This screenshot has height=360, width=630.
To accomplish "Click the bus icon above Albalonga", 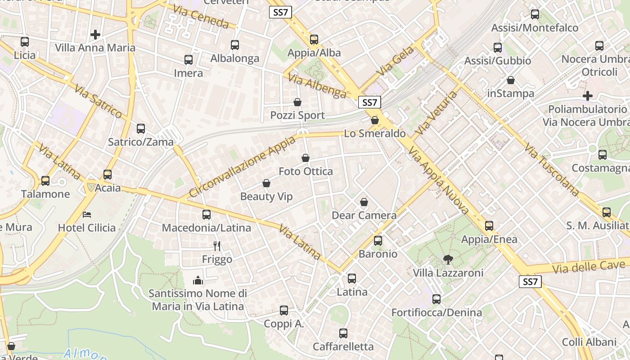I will [234, 45].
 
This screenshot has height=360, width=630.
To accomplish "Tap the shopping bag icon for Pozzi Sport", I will [297, 103].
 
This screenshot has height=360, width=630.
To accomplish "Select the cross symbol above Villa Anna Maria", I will [95, 34].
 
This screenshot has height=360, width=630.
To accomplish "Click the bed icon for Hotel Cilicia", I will [87, 214].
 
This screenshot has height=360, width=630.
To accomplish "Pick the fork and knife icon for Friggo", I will [217, 246].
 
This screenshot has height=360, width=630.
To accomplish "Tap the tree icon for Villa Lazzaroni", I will [448, 259].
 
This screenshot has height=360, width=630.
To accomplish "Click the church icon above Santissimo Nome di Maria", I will [198, 280].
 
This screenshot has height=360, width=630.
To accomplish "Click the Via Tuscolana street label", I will [552, 170].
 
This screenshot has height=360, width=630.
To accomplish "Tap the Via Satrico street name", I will [99, 101].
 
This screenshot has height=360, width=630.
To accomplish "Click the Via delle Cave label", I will [590, 266].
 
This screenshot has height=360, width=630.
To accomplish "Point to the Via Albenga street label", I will [317, 86].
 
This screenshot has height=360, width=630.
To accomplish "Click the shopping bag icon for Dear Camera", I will [364, 202].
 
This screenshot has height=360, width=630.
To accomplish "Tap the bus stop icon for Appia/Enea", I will [489, 226].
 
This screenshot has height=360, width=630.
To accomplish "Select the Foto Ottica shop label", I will [306, 171].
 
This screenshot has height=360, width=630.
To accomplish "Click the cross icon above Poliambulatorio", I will [587, 96].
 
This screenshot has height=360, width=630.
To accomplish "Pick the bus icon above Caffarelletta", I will [343, 333].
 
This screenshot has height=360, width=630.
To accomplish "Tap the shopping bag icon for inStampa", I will [511, 81].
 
